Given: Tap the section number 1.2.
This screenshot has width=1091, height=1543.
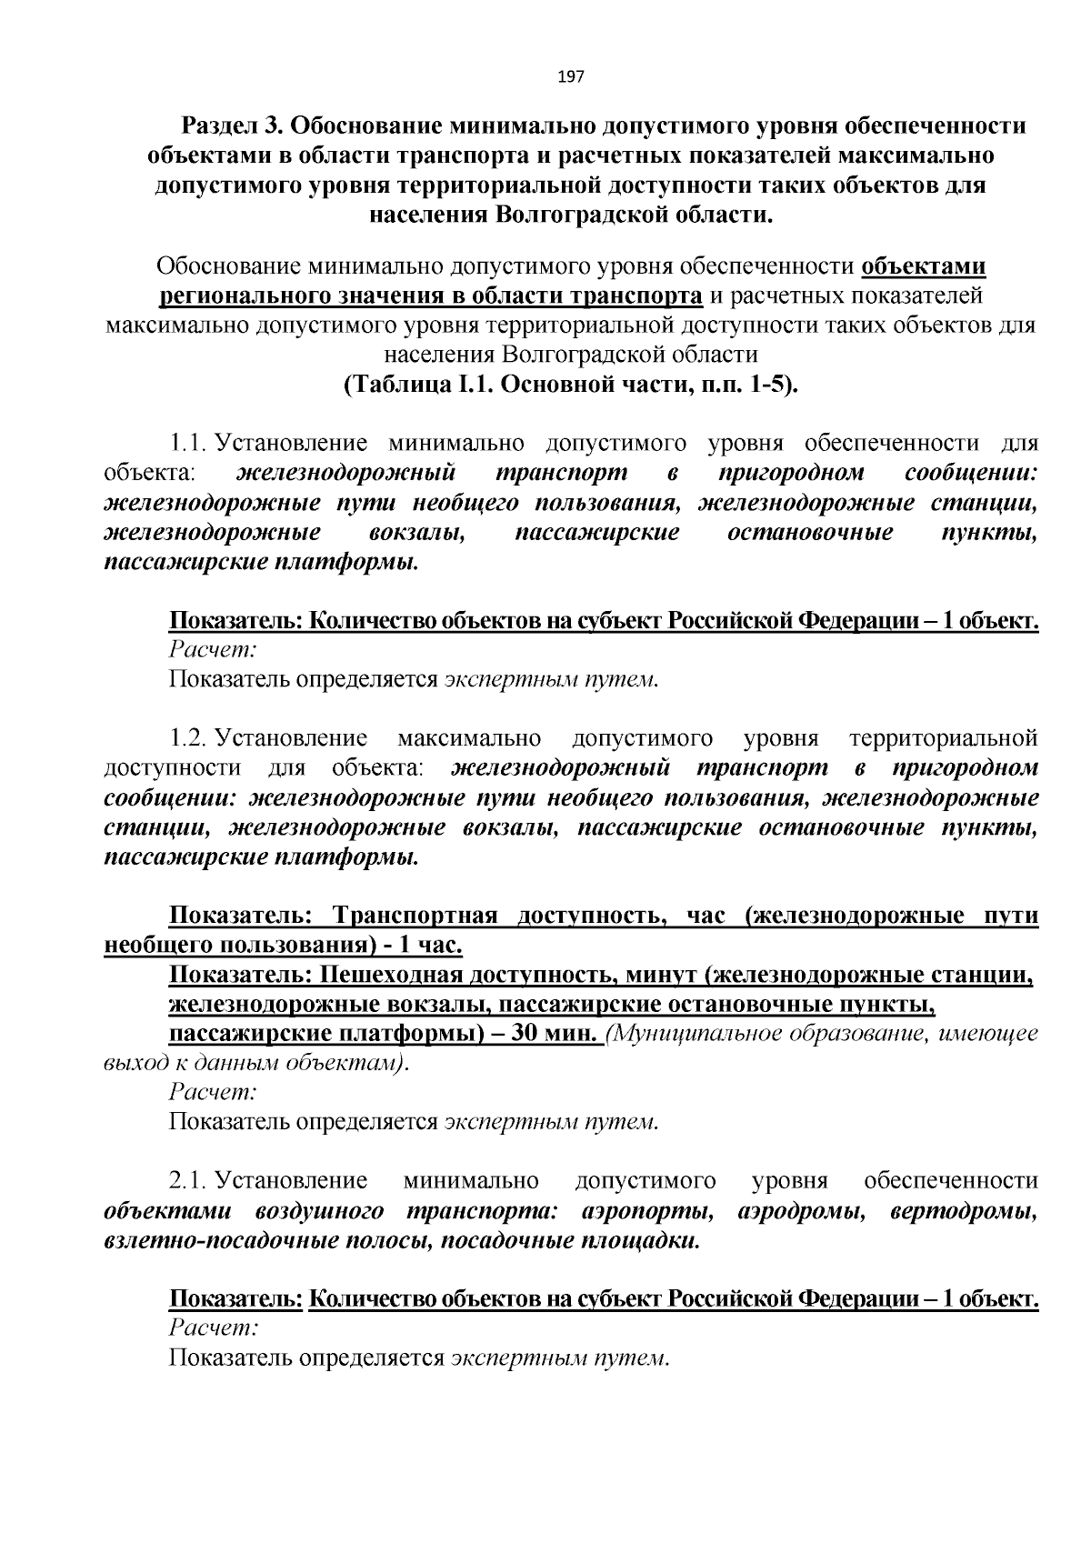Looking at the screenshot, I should (x=189, y=737).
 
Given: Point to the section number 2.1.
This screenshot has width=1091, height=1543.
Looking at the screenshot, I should (x=189, y=1181).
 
